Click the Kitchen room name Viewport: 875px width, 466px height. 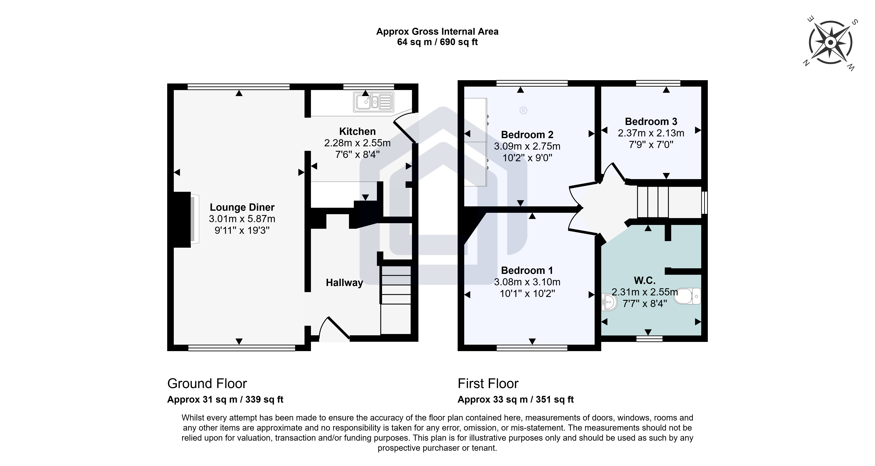357,131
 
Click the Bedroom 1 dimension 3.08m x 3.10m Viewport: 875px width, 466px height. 527,282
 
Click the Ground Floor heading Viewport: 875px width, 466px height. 207,384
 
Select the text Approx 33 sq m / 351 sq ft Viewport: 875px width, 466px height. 516,399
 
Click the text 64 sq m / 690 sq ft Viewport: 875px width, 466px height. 437,42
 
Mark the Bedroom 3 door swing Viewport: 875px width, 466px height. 613,173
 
